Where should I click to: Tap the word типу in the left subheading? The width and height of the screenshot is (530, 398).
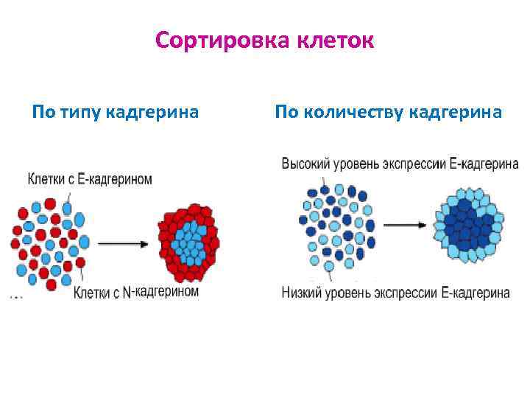click(77, 113)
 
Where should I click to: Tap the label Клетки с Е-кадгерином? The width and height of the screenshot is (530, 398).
click(90, 179)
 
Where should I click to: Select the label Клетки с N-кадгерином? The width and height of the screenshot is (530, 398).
click(136, 293)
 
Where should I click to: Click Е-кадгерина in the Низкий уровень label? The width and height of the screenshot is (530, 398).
click(476, 293)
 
